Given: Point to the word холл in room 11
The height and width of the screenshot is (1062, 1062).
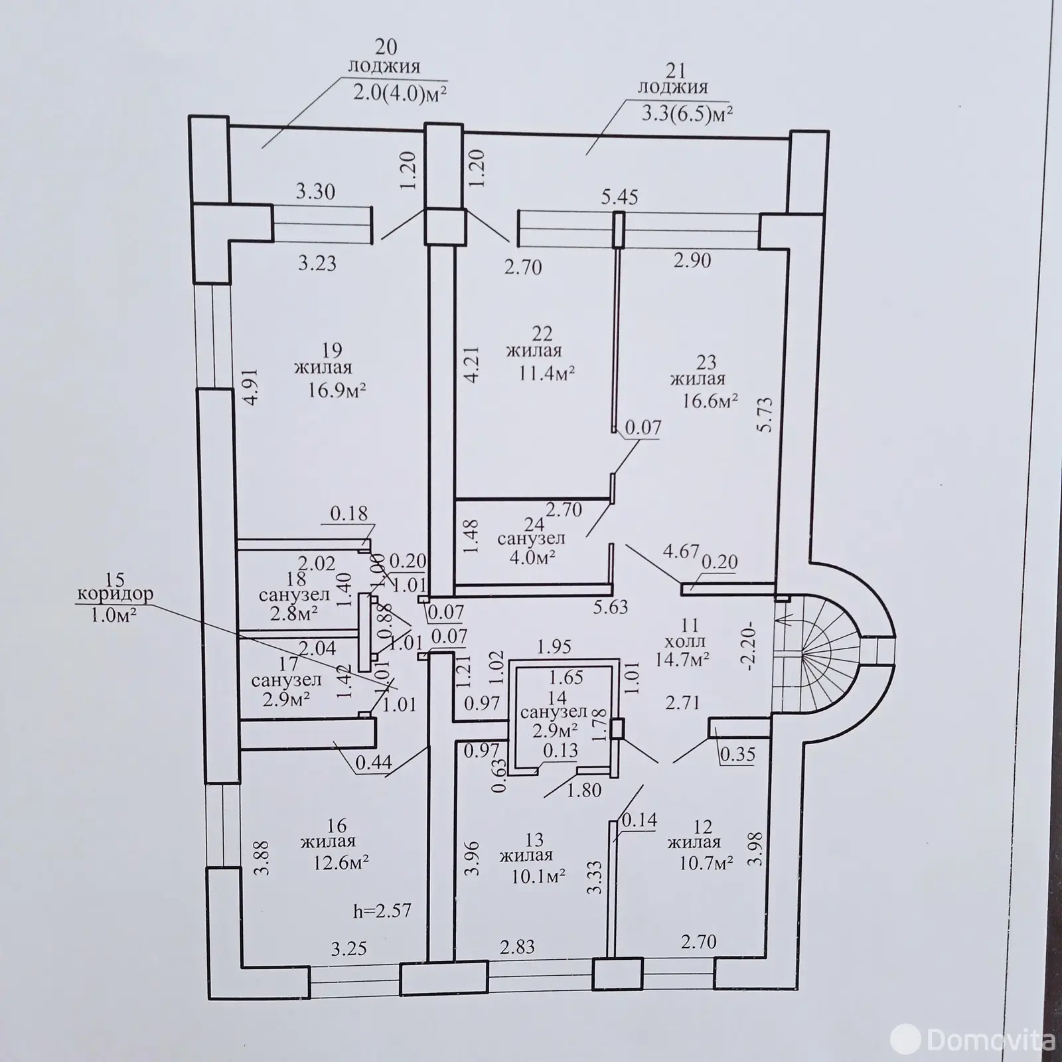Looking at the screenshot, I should click(x=688, y=642).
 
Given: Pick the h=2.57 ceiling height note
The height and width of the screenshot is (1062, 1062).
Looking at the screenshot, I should click(x=382, y=909).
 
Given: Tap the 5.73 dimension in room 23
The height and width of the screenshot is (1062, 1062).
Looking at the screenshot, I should click(x=765, y=415).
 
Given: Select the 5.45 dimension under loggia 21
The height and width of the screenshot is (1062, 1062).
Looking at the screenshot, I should click(x=619, y=197).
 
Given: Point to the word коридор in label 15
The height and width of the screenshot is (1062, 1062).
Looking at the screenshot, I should click(x=115, y=593).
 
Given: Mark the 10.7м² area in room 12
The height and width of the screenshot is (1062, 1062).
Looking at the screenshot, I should click(x=705, y=862).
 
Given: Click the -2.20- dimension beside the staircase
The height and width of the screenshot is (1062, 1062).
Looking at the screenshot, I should click(x=751, y=646).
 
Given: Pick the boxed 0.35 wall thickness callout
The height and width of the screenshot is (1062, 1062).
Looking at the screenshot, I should click(x=737, y=755).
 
